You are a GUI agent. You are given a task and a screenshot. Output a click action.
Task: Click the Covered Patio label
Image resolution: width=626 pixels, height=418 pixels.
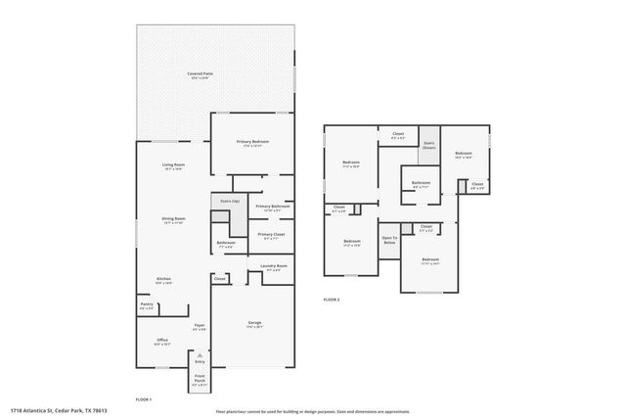click(202, 73)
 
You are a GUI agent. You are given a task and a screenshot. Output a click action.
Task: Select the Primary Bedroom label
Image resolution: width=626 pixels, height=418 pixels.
click(252, 142)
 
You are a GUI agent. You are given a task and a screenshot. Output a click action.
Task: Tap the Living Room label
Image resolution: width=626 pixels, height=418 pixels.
click(174, 164)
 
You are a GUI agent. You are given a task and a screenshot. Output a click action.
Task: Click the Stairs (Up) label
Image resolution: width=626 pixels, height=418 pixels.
click(231, 201)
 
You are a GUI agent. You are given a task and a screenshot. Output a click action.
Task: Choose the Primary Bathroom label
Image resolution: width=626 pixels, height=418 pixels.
click(273, 207)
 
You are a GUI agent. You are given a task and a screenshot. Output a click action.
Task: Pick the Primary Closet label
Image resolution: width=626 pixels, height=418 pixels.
click(272, 235)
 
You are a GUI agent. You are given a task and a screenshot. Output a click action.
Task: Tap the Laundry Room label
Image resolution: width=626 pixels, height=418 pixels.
click(273, 266)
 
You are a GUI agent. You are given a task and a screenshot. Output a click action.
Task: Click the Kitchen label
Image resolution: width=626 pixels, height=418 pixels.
click(164, 279)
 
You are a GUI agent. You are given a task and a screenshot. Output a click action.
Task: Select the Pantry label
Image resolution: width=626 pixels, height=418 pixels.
click(147, 305)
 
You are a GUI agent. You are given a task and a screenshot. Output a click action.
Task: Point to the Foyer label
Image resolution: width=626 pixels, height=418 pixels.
click(199, 325)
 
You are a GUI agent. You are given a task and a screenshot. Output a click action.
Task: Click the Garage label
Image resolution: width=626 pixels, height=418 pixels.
click(254, 322)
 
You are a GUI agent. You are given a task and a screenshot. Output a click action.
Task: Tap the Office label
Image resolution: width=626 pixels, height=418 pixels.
click(162, 340)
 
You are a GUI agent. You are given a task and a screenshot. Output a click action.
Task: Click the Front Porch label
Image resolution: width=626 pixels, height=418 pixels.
click(200, 381)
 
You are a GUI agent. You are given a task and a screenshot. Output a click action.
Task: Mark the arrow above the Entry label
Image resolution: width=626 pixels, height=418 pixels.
click(200, 355)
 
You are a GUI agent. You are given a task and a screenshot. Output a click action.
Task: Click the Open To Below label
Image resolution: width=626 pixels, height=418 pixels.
click(389, 239)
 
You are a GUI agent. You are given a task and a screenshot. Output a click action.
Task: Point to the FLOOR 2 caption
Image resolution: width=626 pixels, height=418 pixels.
click(332, 299)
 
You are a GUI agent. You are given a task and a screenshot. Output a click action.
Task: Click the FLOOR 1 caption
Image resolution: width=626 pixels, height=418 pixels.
click(144, 399)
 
